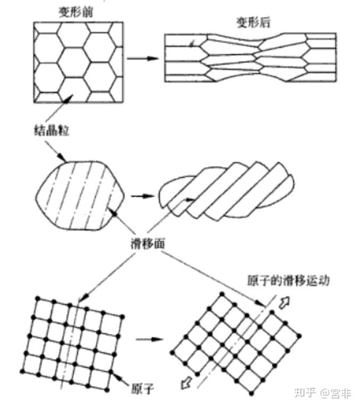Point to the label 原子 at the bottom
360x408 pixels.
[x=142, y=388]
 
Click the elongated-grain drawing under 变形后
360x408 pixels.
[x=250, y=58]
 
